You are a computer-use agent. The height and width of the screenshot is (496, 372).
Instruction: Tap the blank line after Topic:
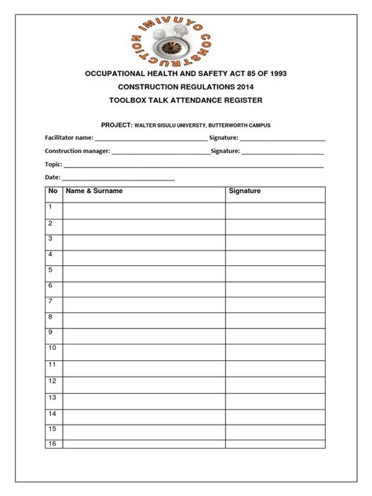pos(193,166)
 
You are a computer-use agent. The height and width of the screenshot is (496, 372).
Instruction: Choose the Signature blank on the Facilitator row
pos(283,139)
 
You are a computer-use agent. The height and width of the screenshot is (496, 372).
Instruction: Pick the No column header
pos(53,191)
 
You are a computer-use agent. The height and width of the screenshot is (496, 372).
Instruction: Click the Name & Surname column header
pos(93,191)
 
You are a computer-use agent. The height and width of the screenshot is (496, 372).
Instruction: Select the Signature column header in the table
pos(244,191)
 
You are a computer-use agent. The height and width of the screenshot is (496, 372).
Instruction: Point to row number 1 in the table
pos(50,207)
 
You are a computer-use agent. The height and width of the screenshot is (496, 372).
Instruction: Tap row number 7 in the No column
pos(50,301)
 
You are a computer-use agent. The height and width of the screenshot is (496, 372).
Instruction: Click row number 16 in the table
pos(53,444)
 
